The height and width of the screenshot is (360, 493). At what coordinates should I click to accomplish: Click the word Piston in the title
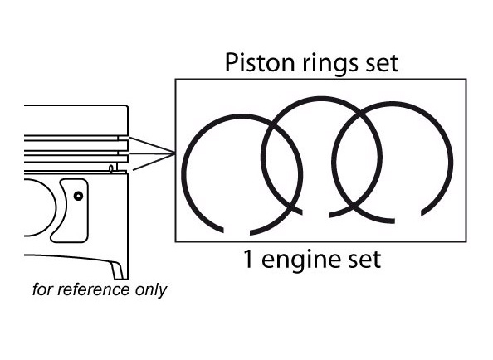(x=261, y=62)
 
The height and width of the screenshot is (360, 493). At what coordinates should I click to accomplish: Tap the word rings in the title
(x=330, y=64)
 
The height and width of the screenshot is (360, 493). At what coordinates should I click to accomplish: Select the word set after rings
(x=382, y=64)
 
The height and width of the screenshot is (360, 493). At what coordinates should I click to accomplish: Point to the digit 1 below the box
(x=248, y=259)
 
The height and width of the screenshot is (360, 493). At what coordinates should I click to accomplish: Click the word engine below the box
(x=301, y=261)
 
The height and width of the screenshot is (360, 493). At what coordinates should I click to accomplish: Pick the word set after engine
(x=364, y=260)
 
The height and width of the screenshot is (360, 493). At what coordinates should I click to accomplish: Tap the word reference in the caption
(x=94, y=289)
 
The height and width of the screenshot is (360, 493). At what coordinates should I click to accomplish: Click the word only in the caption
(x=151, y=290)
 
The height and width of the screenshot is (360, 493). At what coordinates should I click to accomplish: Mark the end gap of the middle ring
(x=315, y=215)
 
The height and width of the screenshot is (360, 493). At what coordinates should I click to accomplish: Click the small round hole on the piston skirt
(x=78, y=197)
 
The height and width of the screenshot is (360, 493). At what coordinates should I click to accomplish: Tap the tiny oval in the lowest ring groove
(x=111, y=168)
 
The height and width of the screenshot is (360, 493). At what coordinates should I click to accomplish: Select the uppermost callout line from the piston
(x=152, y=145)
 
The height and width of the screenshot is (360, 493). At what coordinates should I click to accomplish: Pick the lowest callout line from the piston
(x=154, y=162)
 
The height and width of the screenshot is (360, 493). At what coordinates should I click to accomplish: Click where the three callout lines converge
(x=174, y=154)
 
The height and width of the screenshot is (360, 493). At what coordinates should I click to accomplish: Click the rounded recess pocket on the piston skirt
(x=70, y=211)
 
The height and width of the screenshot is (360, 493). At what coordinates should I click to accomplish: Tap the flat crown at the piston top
(x=76, y=105)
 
